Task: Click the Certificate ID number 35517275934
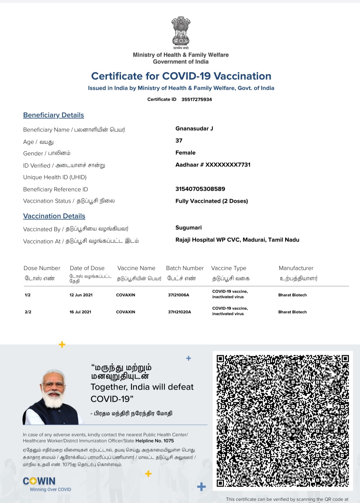point(196,99)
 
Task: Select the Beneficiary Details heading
point(53,115)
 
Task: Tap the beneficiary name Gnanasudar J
point(194,129)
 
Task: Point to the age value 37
point(179,141)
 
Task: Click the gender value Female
point(185,153)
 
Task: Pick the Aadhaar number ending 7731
point(213,165)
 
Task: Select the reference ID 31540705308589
point(200,189)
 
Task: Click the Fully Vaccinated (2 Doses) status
point(211,201)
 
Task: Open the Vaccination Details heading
point(54,216)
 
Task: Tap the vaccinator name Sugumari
point(188,228)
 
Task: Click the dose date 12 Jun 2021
point(81,295)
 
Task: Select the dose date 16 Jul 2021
point(80,312)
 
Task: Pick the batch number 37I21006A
point(178,295)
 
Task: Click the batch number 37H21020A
point(179,312)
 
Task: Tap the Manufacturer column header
point(296,268)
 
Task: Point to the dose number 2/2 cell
point(28,312)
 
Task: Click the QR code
point(283,421)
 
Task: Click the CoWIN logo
point(39,481)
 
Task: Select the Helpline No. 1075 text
point(155,441)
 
